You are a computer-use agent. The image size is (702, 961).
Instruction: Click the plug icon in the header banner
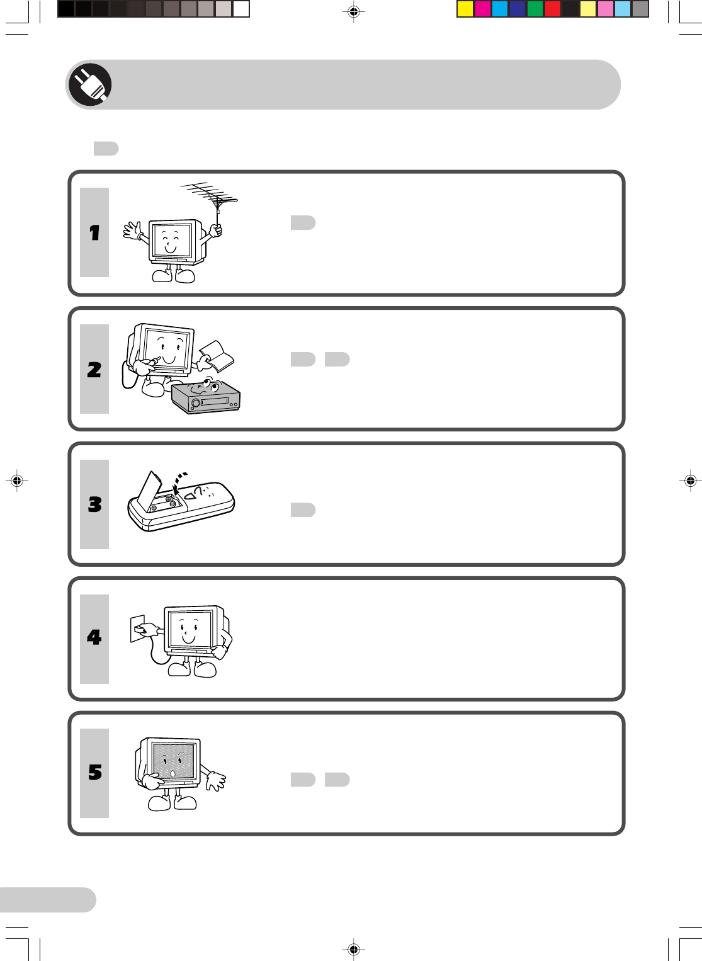[90, 84]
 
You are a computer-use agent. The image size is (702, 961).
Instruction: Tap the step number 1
[94, 232]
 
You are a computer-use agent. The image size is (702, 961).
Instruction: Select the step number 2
[94, 370]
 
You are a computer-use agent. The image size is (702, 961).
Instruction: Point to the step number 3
[95, 504]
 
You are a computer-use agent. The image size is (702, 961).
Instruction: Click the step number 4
[94, 637]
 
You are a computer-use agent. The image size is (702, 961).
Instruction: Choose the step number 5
[95, 772]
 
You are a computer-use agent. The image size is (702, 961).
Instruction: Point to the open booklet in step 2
[217, 355]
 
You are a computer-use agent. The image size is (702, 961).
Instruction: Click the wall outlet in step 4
[138, 628]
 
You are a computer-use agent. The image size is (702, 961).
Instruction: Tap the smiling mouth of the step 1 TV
[170, 248]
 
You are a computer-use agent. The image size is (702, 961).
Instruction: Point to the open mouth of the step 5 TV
[173, 773]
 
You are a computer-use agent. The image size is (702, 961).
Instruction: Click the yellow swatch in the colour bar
[465, 9]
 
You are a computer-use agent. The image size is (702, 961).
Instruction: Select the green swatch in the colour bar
[535, 9]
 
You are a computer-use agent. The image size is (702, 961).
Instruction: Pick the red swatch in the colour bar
[552, 9]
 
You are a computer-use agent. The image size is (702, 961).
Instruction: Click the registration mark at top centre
[353, 12]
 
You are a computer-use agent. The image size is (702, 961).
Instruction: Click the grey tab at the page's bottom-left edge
[48, 900]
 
